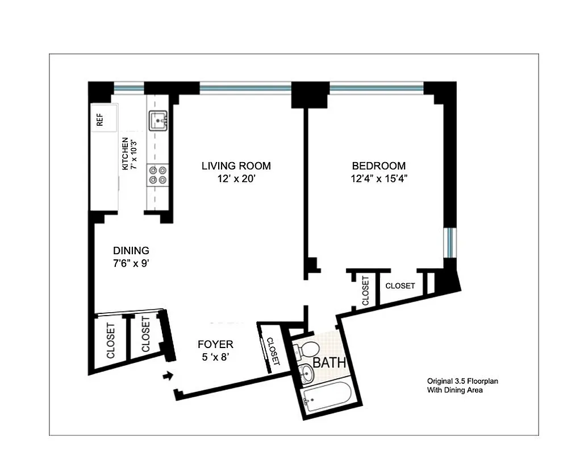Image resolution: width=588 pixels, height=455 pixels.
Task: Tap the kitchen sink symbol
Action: click(157, 121)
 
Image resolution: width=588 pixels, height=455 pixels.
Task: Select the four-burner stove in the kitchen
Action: click(157, 174)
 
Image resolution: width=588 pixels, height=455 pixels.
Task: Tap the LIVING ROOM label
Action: click(236, 166)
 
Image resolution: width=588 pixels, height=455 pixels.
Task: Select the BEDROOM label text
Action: click(379, 166)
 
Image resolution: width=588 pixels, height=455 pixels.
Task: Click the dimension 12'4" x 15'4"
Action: click(379, 179)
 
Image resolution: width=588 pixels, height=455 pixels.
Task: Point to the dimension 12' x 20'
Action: click(236, 179)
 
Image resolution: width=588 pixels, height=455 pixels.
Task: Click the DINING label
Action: click(131, 250)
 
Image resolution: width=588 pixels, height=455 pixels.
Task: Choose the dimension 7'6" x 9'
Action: click(131, 263)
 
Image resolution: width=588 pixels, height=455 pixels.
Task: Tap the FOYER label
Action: click(215, 344)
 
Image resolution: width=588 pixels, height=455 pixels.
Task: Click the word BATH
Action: click(328, 363)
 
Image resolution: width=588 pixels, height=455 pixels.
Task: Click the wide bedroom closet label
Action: click(400, 286)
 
